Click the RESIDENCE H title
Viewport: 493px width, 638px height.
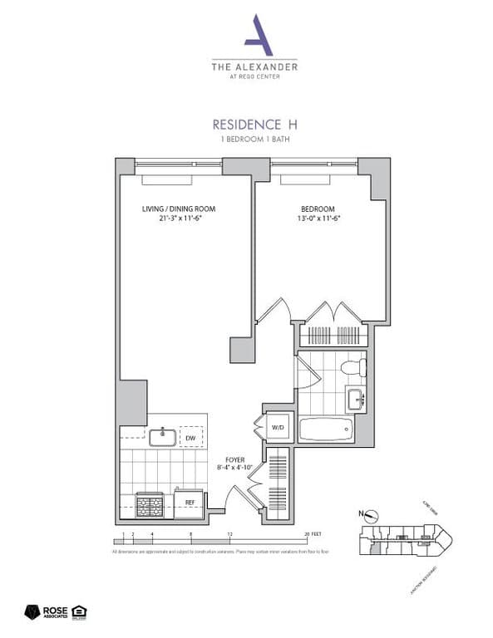tap(255, 125)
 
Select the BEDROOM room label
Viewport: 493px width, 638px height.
tap(318, 208)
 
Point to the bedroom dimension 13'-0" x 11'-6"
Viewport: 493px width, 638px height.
tap(318, 218)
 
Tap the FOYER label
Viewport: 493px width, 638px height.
tap(235, 459)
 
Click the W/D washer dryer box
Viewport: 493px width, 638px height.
tap(277, 427)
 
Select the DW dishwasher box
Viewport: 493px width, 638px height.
tap(190, 438)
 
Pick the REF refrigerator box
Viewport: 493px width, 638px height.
tap(190, 503)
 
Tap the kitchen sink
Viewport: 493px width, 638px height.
tap(162, 437)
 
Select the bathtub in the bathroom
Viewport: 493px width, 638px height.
tap(331, 429)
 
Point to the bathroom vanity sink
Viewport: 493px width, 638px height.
tap(356, 400)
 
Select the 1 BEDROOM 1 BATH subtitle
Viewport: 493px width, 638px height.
tap(255, 140)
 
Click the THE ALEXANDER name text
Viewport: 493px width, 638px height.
tap(255, 66)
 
